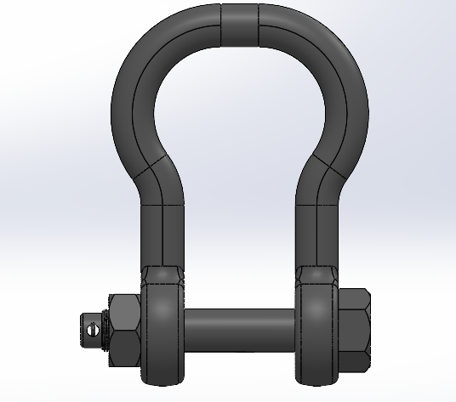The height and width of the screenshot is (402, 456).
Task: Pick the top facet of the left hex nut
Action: point(125,302)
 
